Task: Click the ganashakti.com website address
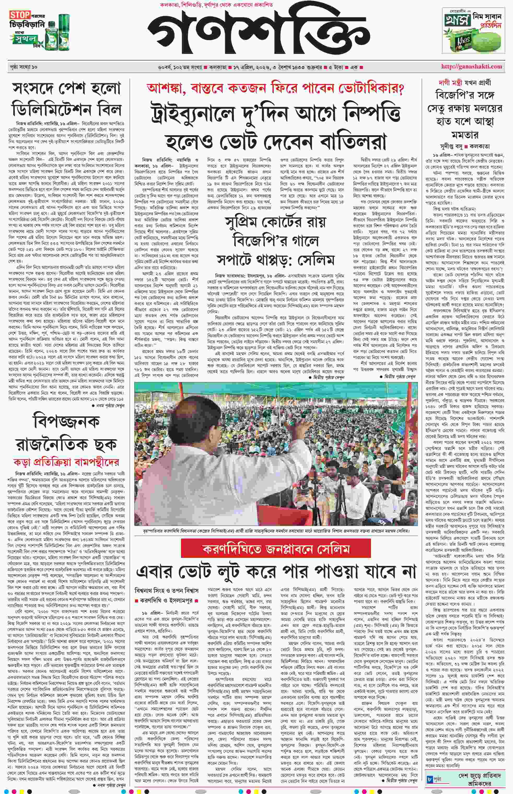pos(471,66)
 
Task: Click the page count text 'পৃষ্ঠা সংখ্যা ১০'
pos(23,67)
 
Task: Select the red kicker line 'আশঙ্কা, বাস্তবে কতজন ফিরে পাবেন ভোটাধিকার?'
pos(275,89)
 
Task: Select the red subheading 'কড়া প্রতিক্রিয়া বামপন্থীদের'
pos(66,462)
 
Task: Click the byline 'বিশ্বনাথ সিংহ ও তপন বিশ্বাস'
pos(167,590)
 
